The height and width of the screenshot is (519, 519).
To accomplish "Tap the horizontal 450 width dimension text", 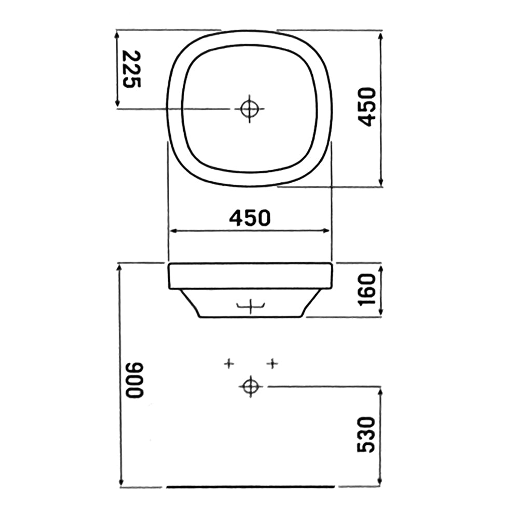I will [x=250, y=218].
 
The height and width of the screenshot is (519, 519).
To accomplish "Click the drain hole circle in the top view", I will [x=249, y=108].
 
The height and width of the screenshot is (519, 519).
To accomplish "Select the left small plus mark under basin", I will [x=228, y=364].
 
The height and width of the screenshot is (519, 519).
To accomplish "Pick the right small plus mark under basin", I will [x=272, y=364].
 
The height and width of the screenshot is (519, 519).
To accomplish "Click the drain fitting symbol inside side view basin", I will [x=250, y=307].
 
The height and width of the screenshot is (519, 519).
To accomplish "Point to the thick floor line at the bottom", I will [x=251, y=487].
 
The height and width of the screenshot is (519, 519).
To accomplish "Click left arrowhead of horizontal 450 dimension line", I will [x=172, y=231].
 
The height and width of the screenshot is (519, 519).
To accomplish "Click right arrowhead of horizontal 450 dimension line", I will [x=327, y=231].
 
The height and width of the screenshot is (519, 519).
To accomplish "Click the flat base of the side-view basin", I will [x=250, y=317].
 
